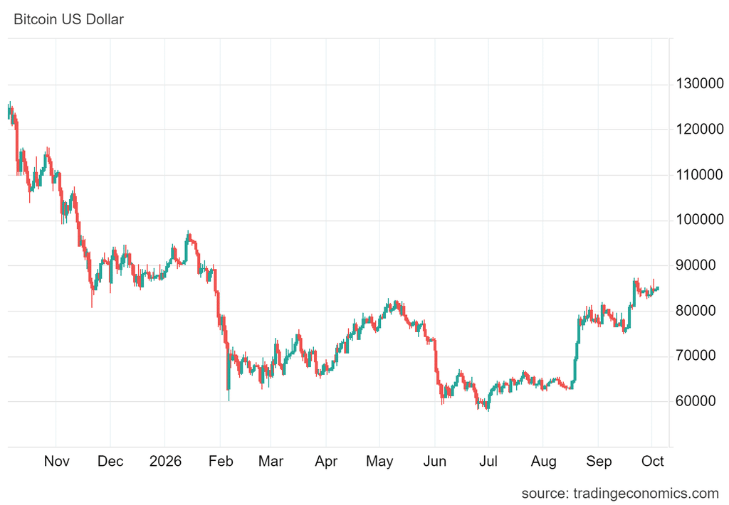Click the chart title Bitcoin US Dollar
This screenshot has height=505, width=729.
(x=69, y=19)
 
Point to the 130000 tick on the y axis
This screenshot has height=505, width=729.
(x=700, y=84)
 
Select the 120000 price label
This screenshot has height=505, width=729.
(x=700, y=129)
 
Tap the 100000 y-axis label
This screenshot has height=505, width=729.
(x=700, y=220)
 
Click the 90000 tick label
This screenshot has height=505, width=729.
(x=696, y=265)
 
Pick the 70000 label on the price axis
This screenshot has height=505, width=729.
(x=696, y=356)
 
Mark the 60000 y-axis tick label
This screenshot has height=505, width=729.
(x=696, y=401)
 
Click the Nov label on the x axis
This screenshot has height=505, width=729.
(x=57, y=462)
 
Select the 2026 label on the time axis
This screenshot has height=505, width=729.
(x=165, y=462)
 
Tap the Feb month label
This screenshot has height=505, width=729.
(x=221, y=462)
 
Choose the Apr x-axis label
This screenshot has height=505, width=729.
(x=326, y=462)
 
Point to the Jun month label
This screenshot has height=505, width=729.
(x=435, y=462)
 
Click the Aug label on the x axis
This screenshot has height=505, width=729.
(x=543, y=462)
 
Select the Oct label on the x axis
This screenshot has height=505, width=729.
(x=653, y=462)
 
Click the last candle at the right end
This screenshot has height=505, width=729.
(x=657, y=289)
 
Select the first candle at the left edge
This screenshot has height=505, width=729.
(x=9, y=112)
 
